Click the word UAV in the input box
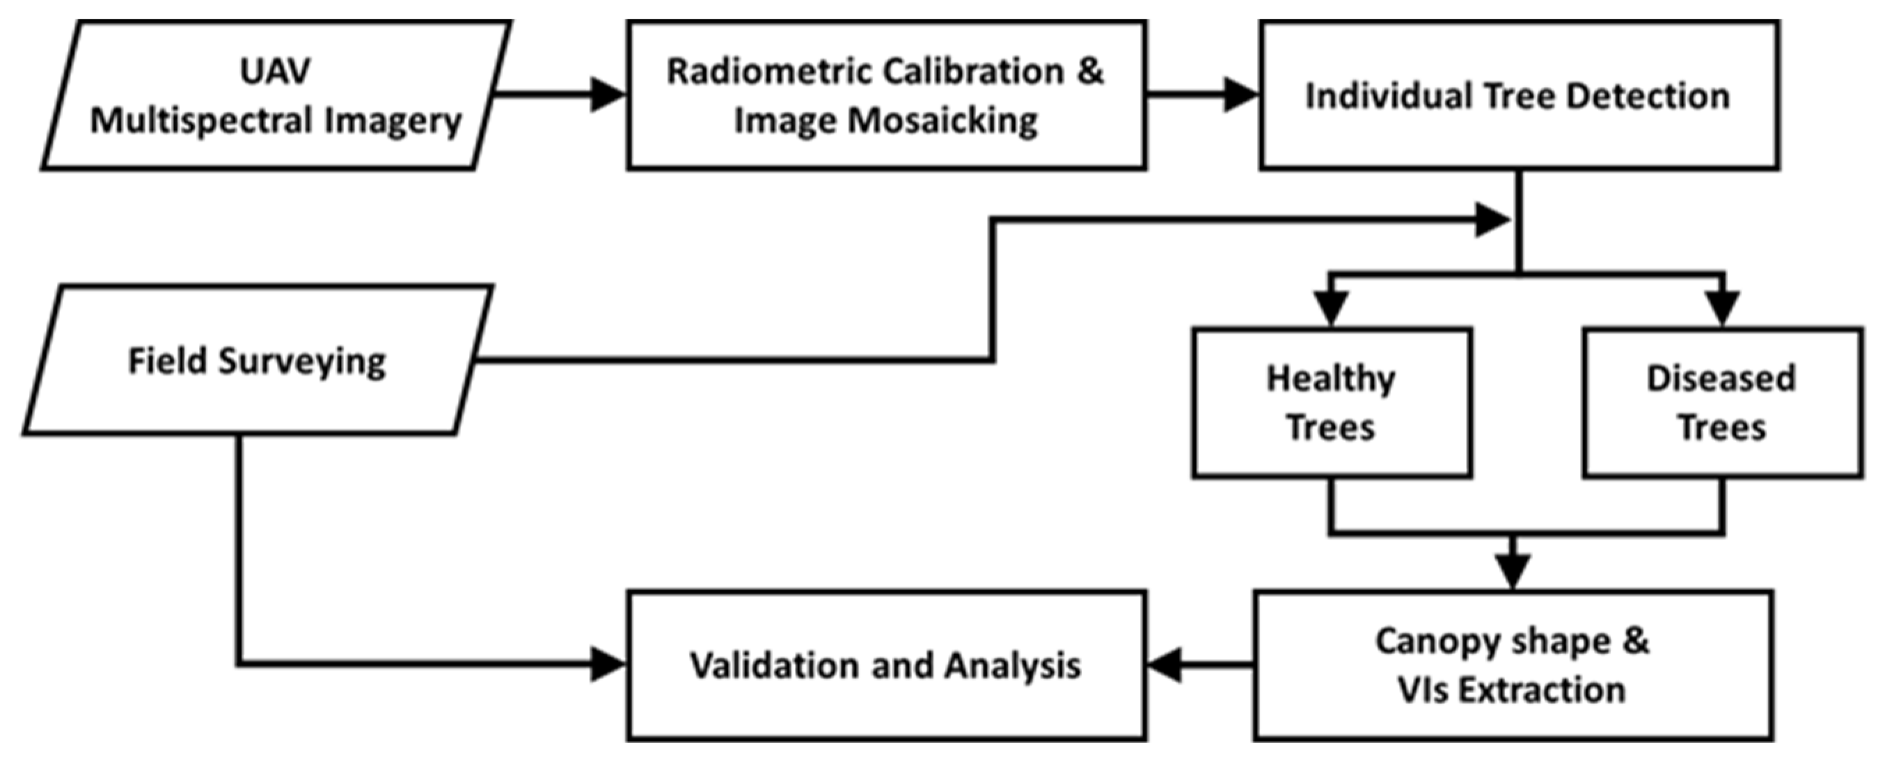click(x=275, y=72)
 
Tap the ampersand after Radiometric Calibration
click(x=1091, y=72)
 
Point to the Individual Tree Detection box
click(x=1519, y=95)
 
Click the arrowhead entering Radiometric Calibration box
click(x=607, y=95)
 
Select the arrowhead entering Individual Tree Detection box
click(x=1241, y=95)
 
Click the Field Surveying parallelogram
click(x=258, y=360)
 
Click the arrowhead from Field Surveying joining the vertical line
click(x=1492, y=219)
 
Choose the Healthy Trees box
click(x=1331, y=403)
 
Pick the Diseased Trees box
click(x=1722, y=403)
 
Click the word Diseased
click(x=1721, y=379)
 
